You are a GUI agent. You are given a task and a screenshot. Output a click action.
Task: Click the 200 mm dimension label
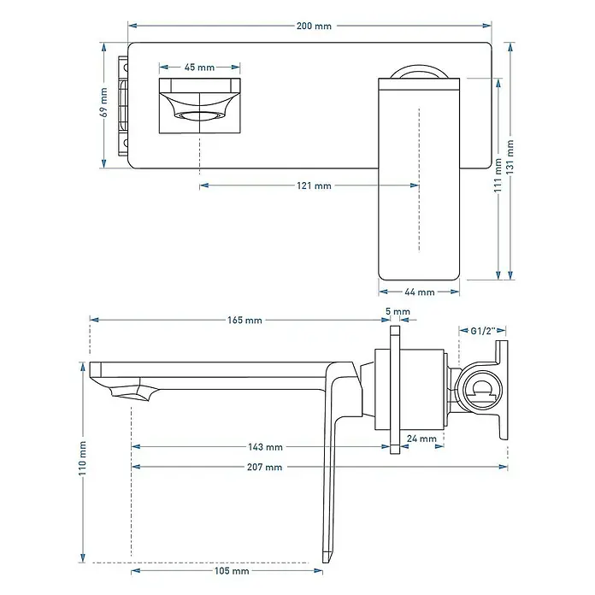point(314,27)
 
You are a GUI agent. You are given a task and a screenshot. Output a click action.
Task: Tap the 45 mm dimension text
point(199,68)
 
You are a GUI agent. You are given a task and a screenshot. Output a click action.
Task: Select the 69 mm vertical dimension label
point(104,102)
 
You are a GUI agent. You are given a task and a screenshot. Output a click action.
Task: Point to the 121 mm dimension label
point(314,186)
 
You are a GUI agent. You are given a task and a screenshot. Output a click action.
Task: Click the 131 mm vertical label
point(510,157)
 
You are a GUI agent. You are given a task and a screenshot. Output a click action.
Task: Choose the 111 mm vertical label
point(498,175)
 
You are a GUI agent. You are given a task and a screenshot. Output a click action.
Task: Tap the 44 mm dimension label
point(419,292)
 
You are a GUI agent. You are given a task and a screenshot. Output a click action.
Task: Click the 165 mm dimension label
point(244,321)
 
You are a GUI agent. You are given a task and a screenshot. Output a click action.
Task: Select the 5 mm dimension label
point(398,311)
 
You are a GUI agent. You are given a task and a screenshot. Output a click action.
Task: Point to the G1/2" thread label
point(483,331)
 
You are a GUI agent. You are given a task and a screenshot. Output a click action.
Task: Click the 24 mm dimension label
point(421,439)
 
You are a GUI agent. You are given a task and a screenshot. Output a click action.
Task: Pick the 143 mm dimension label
point(265,447)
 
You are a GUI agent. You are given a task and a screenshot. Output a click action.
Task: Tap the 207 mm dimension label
point(264,467)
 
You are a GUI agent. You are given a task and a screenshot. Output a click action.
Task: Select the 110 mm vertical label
point(82,458)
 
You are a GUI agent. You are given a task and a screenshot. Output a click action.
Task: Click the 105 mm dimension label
point(232,571)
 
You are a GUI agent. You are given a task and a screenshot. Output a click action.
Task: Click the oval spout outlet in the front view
point(199,116)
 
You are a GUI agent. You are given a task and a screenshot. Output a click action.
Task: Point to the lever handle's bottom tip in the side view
point(327,563)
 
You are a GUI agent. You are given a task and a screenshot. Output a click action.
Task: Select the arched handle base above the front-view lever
point(419,68)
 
